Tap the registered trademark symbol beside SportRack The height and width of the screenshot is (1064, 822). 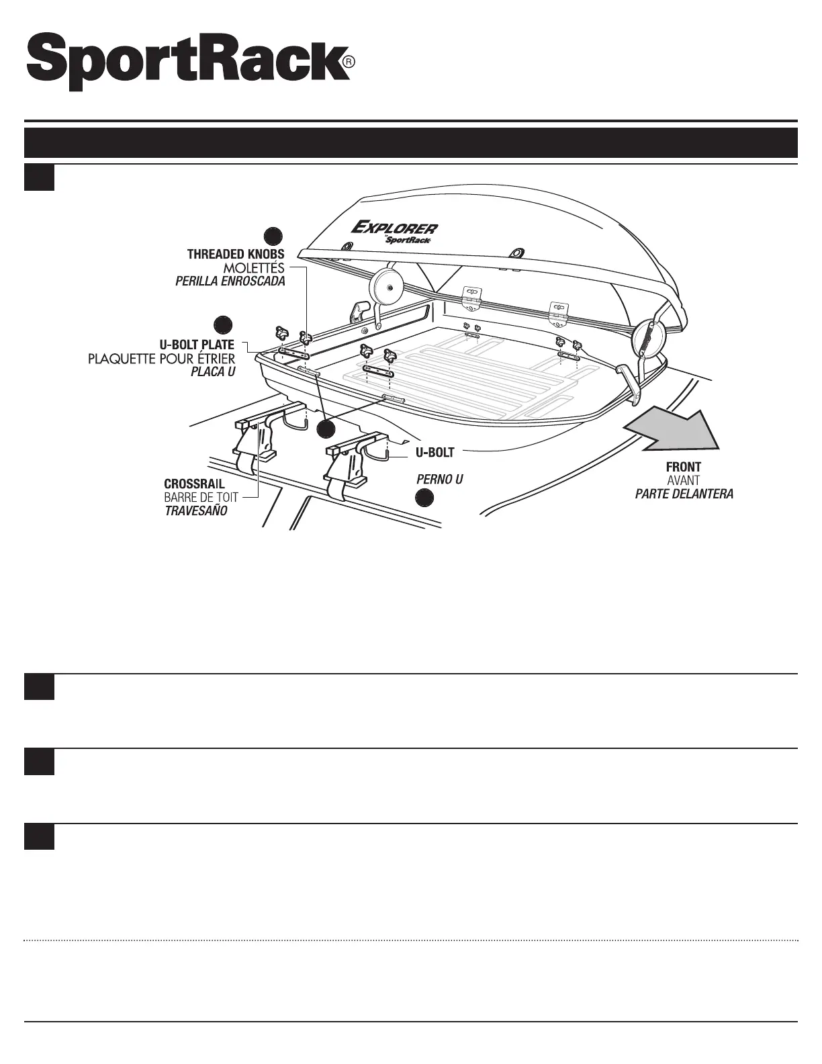tap(348, 62)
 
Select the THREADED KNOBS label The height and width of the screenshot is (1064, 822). tap(236, 255)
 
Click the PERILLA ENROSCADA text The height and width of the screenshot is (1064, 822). tap(230, 281)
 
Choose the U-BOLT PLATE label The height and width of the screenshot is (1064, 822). tap(197, 345)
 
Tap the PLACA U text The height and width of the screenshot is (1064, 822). tap(213, 371)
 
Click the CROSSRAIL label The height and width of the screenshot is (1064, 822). tap(194, 484)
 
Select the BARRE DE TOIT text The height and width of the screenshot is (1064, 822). tap(201, 497)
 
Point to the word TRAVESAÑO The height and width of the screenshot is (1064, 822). tap(196, 511)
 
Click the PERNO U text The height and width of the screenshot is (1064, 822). tap(440, 480)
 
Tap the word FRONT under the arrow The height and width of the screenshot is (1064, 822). tap(684, 467)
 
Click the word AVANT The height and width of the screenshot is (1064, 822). tap(684, 480)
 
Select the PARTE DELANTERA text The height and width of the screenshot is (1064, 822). tap(684, 494)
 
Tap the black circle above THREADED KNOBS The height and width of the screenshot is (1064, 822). tap(272, 236)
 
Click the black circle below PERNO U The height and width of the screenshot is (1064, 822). tap(424, 498)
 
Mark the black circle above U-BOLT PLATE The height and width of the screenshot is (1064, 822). tap(222, 323)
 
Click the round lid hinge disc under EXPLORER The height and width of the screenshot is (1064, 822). tap(384, 285)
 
